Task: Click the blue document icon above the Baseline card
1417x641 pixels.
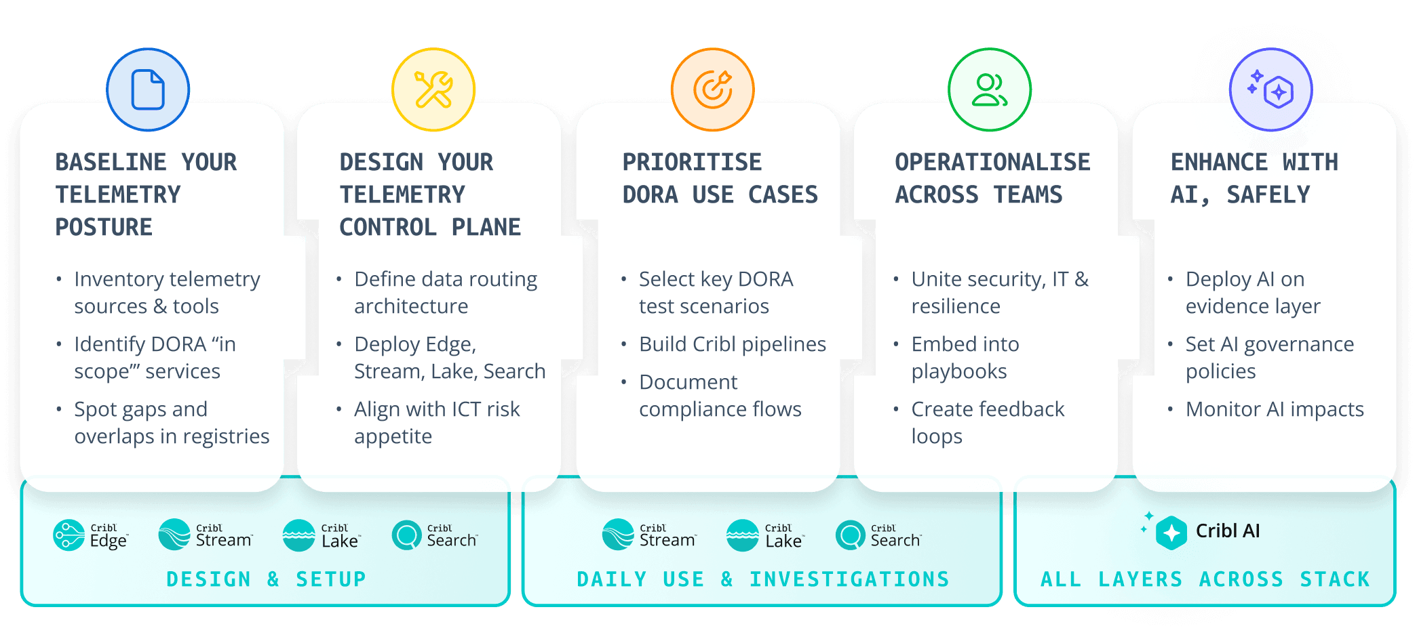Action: click(148, 89)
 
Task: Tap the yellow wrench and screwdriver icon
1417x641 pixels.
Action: click(433, 89)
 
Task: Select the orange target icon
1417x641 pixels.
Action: click(713, 89)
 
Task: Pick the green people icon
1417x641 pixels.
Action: click(990, 89)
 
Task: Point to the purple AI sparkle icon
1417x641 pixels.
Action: click(1271, 89)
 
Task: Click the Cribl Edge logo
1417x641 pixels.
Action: click(90, 535)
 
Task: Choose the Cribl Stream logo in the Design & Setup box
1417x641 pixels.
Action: click(206, 535)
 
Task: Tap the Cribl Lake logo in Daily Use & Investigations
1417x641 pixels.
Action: click(765, 535)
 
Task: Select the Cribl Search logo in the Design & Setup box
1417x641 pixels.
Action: click(435, 535)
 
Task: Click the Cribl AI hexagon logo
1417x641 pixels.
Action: click(1171, 533)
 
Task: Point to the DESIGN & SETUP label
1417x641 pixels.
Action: click(266, 579)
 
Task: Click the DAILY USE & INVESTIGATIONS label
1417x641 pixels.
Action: click(763, 579)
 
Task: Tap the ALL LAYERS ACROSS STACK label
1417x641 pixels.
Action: click(1205, 579)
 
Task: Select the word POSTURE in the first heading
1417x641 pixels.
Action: click(104, 227)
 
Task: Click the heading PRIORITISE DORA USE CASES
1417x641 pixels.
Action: click(720, 178)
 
